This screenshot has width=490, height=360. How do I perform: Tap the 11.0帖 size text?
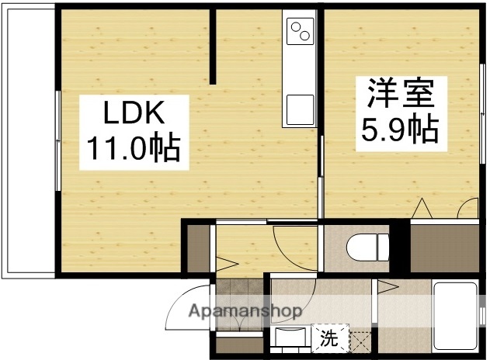(x=133, y=147)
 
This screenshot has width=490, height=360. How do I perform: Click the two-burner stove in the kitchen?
(x=300, y=32)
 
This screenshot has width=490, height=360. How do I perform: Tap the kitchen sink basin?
(x=300, y=108)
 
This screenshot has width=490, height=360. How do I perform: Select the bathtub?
(x=457, y=316)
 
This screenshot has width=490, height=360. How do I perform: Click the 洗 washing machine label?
(x=330, y=339)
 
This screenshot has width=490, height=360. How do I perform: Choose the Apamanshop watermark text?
(x=245, y=311)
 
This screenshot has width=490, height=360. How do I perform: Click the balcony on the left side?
(x=30, y=144)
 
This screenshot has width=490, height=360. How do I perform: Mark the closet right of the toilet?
(x=443, y=247)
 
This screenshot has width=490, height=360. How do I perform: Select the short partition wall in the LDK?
(x=213, y=47)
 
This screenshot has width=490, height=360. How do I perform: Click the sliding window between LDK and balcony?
(x=57, y=140)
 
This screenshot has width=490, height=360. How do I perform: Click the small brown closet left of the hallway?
(x=199, y=247)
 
